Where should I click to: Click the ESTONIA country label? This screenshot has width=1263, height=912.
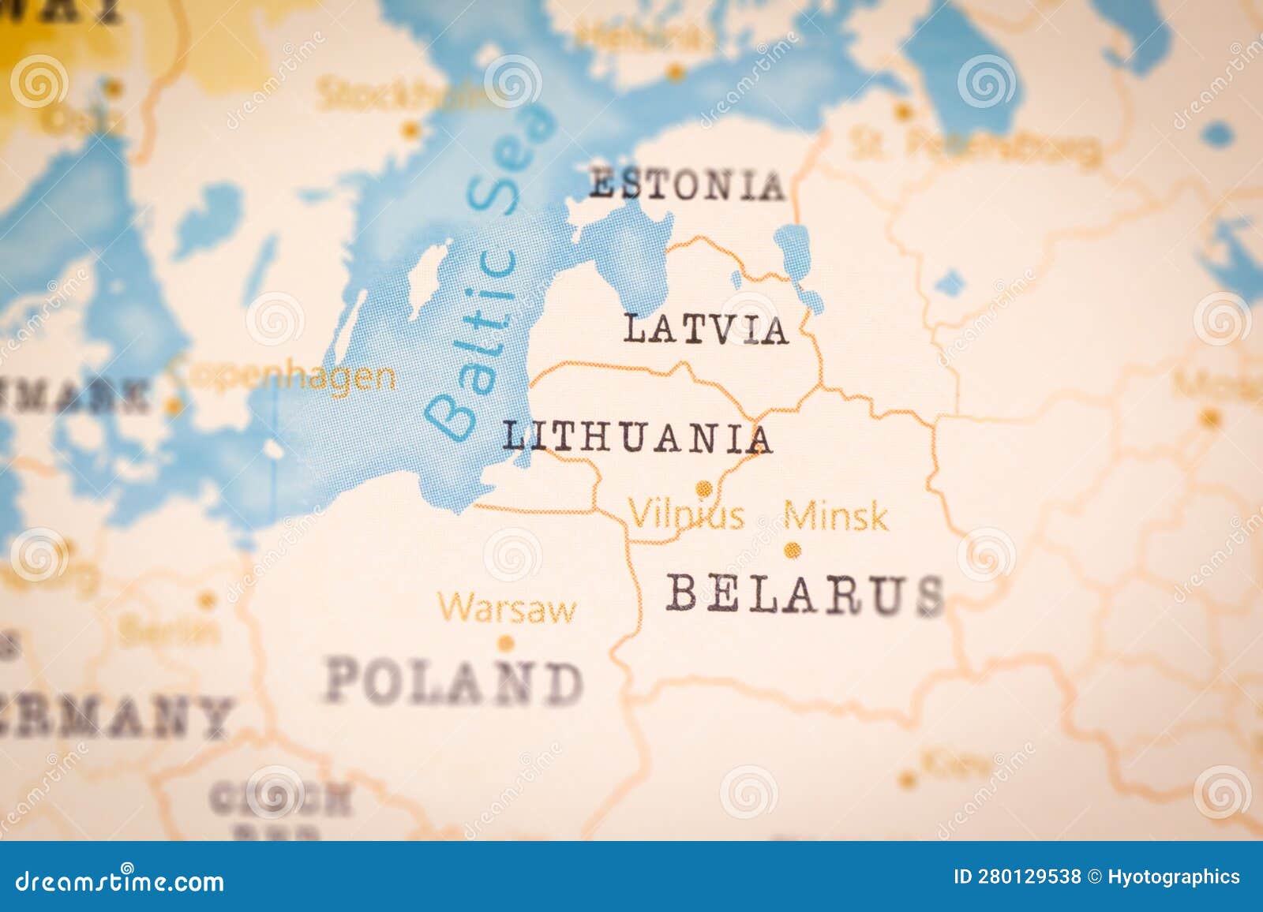pyautogui.click(x=687, y=185)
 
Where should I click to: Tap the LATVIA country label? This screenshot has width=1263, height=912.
pyautogui.click(x=706, y=330)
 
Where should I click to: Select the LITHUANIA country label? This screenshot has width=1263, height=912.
pyautogui.click(x=637, y=437)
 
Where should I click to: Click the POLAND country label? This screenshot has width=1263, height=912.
pyautogui.click(x=454, y=682)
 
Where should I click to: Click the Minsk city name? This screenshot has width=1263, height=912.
pyautogui.click(x=836, y=517)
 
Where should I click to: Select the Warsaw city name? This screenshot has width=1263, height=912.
pyautogui.click(x=507, y=609)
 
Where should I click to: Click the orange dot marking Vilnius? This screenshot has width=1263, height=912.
pyautogui.click(x=703, y=488)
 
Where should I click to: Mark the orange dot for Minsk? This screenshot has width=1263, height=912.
pyautogui.click(x=793, y=550)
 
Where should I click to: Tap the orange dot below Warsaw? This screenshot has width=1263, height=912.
pyautogui.click(x=506, y=643)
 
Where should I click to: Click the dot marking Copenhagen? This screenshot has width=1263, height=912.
pyautogui.click(x=173, y=406)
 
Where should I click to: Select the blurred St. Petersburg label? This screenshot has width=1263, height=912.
pyautogui.click(x=976, y=145)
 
